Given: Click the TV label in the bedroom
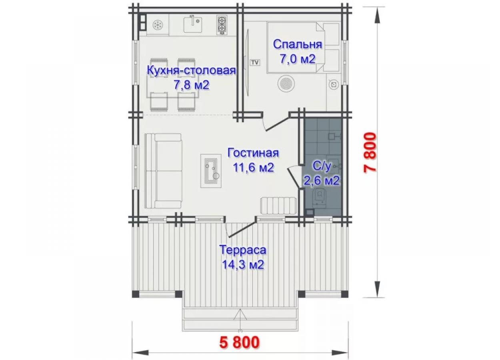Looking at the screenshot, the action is pyautogui.click(x=255, y=62).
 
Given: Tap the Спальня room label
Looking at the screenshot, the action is pyautogui.click(x=298, y=44).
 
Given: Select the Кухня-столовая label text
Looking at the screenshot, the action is pyautogui.click(x=191, y=70).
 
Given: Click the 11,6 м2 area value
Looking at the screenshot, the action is pyautogui.click(x=253, y=167).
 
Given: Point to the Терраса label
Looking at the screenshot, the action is pyautogui.click(x=243, y=250).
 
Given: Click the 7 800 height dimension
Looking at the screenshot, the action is pyautogui.click(x=370, y=153).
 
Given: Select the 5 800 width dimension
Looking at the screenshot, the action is pyautogui.click(x=240, y=342).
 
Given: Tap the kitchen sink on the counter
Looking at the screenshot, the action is pyautogui.click(x=193, y=25).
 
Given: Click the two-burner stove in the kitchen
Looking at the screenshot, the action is pyautogui.click(x=222, y=25).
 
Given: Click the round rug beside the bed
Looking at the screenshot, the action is pyautogui.click(x=286, y=84).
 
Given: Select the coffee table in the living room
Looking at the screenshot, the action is pyautogui.click(x=211, y=171).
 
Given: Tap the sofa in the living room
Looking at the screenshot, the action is pyautogui.click(x=163, y=171).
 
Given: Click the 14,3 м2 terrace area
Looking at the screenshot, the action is pyautogui.click(x=243, y=264).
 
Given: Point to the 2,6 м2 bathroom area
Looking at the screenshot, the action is pyautogui.click(x=322, y=180).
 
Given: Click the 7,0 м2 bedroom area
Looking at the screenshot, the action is pyautogui.click(x=298, y=59).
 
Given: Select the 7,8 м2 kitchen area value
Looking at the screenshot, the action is pyautogui.click(x=191, y=85).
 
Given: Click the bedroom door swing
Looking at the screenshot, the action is pyautogui.click(x=277, y=124).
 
